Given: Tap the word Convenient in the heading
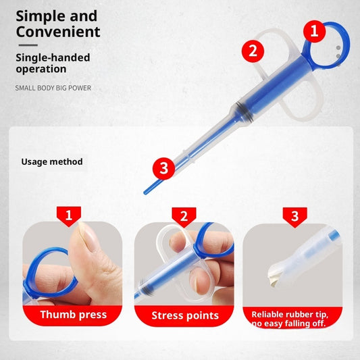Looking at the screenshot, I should point(58,32).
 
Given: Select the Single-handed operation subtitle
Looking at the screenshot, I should point(52,63).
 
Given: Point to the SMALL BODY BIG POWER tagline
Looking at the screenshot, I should point(53,88).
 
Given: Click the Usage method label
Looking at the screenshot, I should point(52,161).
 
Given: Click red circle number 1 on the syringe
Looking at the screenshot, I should point(313,30).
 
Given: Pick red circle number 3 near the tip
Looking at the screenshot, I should point(163,169).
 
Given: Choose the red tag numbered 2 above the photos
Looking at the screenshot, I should point(184,216).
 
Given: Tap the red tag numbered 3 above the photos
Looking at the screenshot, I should point(294,216).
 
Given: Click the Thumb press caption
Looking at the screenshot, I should point(73,315).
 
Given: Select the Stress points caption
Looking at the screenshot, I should point(184,315).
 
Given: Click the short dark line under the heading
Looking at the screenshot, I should point(26,45).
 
